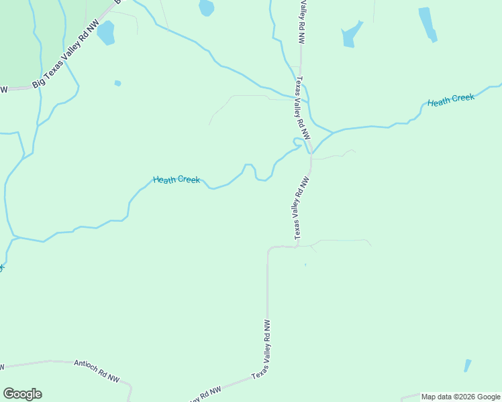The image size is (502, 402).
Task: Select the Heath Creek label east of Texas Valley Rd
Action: (x=451, y=100)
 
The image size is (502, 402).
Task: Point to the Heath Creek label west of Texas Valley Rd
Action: (x=176, y=180)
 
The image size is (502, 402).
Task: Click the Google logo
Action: (x=22, y=394)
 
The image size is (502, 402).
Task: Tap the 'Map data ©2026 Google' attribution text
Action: (x=460, y=397)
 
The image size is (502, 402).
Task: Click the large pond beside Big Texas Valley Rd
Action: (x=106, y=32)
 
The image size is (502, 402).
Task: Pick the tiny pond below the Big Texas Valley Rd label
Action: (x=118, y=83)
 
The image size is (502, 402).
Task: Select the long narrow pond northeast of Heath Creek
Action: (x=428, y=24)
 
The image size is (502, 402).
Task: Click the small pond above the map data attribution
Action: (x=467, y=365)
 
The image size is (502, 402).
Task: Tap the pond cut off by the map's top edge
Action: (x=207, y=7)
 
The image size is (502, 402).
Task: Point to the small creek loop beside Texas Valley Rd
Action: (x=296, y=142)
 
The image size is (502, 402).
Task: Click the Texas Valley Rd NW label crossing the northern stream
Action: (x=303, y=107)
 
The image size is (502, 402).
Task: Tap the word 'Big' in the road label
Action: (x=38, y=84)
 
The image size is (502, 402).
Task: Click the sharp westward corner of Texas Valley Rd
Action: (x=268, y=249)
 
